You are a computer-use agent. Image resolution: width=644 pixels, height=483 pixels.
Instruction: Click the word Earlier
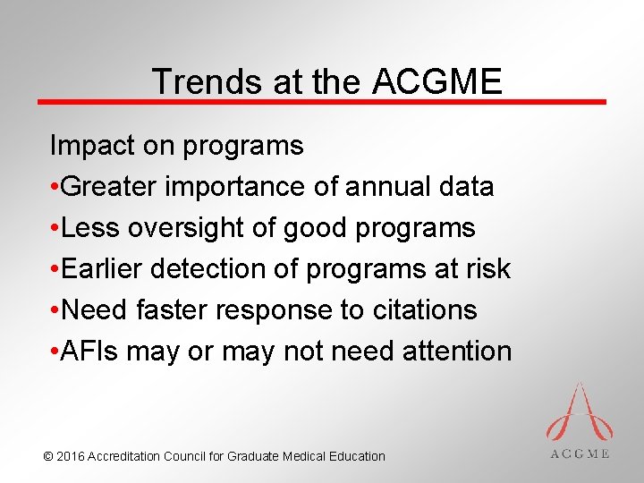tap(103, 268)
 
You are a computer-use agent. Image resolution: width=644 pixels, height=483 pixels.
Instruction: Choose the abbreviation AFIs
tap(90, 351)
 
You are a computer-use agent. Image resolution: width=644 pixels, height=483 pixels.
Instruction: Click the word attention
tap(456, 351)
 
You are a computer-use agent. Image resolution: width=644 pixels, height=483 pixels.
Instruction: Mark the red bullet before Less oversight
tap(55, 228)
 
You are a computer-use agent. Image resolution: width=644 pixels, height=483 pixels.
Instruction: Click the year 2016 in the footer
tap(71, 456)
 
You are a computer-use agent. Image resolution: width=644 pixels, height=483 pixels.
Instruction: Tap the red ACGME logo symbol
tap(580, 411)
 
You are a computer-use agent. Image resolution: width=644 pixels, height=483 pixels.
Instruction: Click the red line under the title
tap(322, 102)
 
